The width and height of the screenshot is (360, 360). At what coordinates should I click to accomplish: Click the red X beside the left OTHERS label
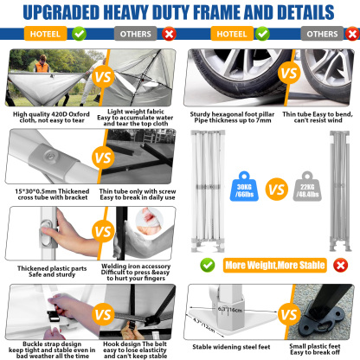[x=168, y=35]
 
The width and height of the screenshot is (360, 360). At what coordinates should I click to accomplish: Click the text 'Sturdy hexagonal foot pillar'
[x=235, y=113]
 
